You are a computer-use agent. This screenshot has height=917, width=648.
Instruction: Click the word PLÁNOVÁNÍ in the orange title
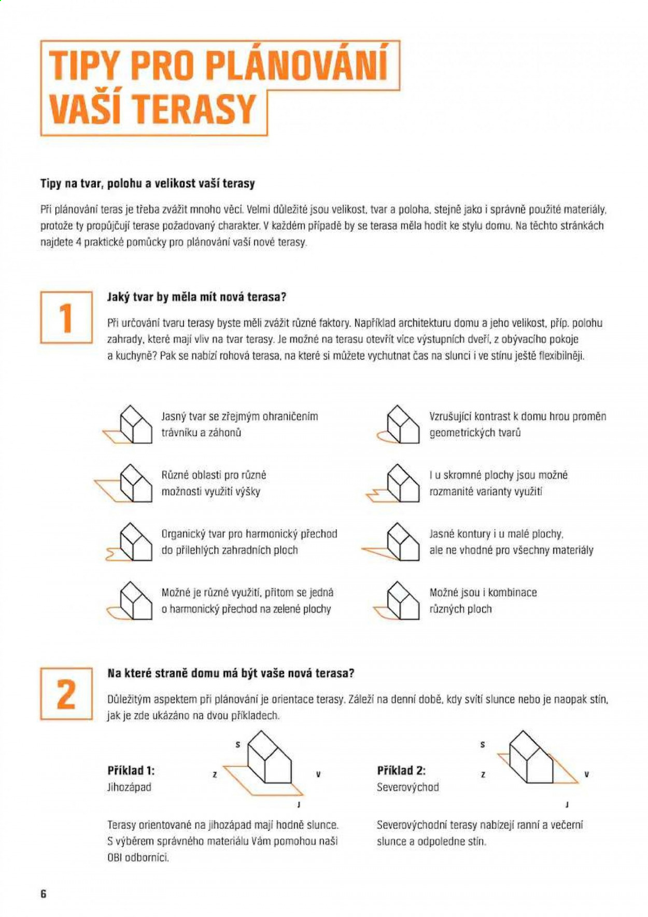click(x=297, y=65)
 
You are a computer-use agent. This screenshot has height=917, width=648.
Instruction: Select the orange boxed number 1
click(x=66, y=317)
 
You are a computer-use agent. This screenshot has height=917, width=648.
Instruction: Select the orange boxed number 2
click(x=66, y=693)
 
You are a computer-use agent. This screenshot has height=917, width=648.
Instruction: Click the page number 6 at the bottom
click(x=44, y=893)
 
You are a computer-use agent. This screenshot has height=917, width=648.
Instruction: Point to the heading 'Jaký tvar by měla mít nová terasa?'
click(x=196, y=297)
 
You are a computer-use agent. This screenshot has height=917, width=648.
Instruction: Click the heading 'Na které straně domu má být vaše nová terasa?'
click(x=231, y=673)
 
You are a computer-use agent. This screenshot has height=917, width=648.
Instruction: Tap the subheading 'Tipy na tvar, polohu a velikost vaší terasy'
click(x=148, y=184)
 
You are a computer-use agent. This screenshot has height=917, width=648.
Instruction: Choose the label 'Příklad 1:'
click(x=131, y=771)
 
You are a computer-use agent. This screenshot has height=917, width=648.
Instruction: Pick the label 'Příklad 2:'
click(x=401, y=771)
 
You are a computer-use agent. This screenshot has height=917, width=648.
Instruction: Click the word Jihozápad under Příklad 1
click(x=129, y=787)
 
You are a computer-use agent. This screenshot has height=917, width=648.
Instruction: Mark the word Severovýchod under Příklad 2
click(x=408, y=787)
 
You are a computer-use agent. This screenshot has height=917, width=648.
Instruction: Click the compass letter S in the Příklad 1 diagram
click(x=238, y=745)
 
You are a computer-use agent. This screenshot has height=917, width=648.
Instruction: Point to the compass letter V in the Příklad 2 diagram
click(x=587, y=774)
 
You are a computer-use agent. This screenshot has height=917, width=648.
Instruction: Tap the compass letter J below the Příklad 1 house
click(x=299, y=805)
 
